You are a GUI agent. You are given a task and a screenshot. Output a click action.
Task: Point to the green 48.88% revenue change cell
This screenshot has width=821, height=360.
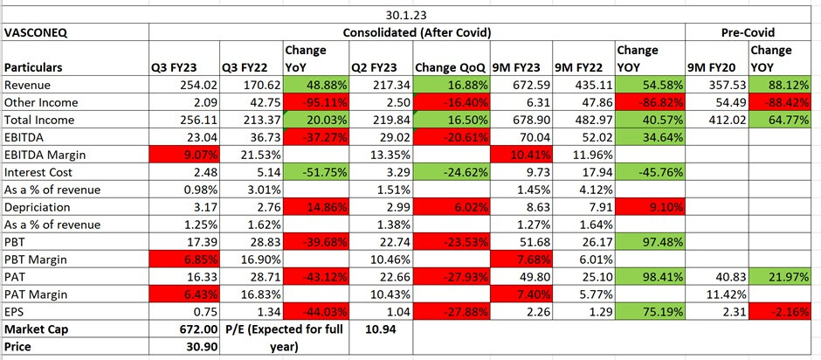point(314,85)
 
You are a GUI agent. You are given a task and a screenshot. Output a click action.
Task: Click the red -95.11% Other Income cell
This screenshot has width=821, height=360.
point(314,102)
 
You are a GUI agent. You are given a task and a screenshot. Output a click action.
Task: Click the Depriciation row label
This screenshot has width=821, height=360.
point(39,207)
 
